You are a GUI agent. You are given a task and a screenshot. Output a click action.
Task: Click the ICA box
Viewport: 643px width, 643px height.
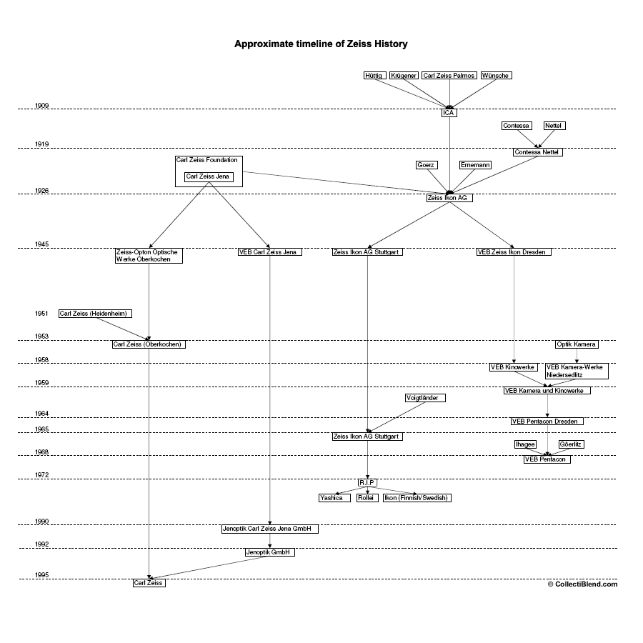(x=449, y=113)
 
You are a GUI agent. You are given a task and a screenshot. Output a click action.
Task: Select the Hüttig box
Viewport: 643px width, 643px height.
(x=374, y=76)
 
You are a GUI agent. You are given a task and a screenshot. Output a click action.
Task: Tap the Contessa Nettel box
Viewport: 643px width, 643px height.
(x=538, y=152)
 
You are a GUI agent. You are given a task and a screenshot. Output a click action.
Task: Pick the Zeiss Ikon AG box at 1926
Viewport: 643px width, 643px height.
(x=449, y=198)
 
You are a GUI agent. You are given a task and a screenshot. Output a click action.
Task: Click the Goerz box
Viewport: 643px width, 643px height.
(x=426, y=165)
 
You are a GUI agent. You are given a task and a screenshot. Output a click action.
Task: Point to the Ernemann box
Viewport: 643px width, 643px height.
(x=475, y=165)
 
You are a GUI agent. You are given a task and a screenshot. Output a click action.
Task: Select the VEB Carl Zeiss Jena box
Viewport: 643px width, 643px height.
(x=270, y=252)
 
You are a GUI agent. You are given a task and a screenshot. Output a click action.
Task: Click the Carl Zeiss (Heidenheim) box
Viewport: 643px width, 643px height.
(x=95, y=314)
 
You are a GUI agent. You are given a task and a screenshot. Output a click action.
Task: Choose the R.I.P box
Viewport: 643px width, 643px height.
(x=367, y=482)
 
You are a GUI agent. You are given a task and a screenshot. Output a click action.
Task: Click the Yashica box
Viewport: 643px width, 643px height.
(x=331, y=498)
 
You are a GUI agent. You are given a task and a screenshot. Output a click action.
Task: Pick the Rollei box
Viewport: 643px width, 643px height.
(x=367, y=498)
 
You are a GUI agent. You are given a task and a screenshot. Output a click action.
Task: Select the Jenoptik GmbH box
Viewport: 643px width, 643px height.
(x=269, y=552)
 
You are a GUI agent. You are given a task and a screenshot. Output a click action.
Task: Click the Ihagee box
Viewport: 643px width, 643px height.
(x=525, y=444)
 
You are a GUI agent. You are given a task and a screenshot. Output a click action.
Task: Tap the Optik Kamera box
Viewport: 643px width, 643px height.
(x=577, y=344)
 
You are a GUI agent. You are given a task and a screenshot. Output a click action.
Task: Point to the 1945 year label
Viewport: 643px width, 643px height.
(x=42, y=244)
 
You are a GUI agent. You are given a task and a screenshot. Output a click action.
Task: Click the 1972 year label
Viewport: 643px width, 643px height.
(x=42, y=475)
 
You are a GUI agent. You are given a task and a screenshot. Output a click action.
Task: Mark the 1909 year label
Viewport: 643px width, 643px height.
(x=42, y=106)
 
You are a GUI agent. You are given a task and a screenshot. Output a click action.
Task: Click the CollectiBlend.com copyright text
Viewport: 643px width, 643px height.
(x=582, y=584)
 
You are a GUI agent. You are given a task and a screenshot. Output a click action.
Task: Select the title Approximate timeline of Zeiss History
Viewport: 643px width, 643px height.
(x=321, y=44)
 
